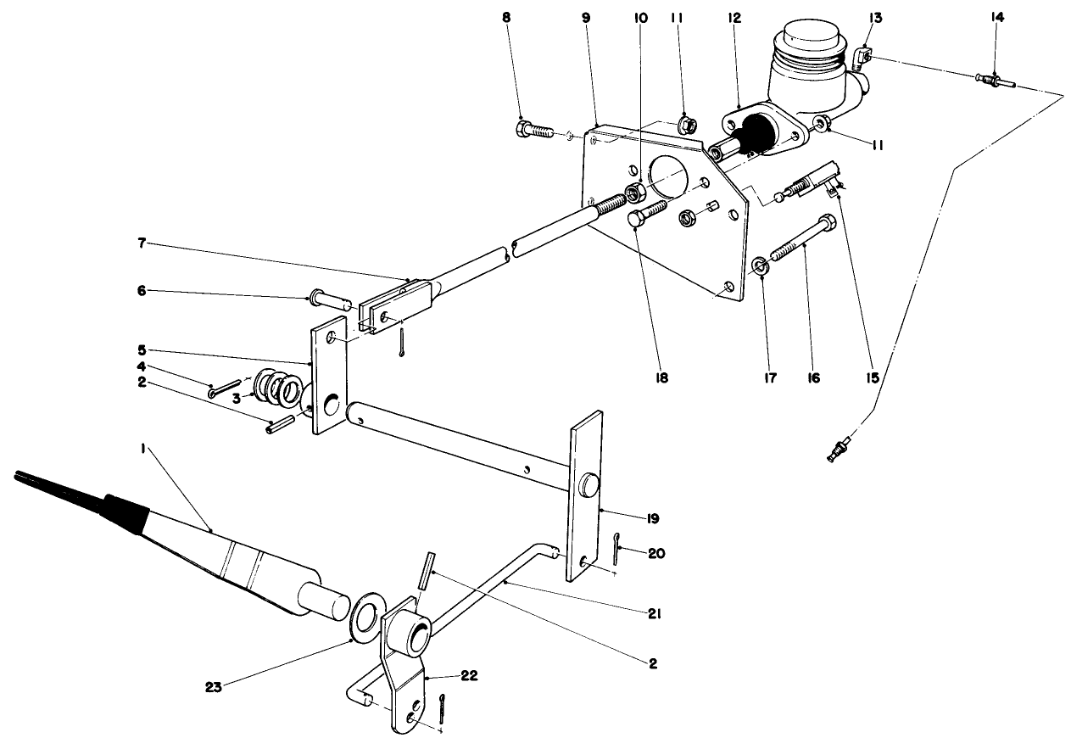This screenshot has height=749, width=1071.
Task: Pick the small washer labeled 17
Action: pyautogui.click(x=761, y=267)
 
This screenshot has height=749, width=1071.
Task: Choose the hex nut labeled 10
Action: pyautogui.click(x=632, y=190)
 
